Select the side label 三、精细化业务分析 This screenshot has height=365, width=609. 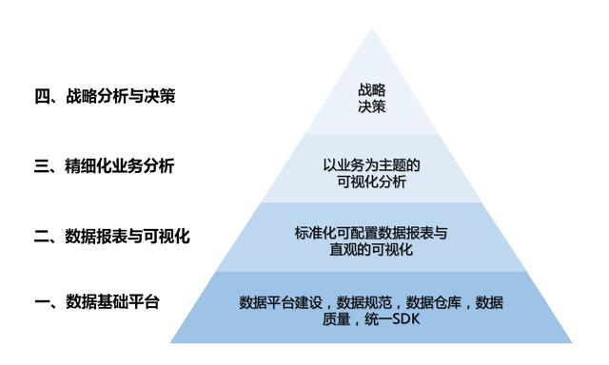point(105,166)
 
